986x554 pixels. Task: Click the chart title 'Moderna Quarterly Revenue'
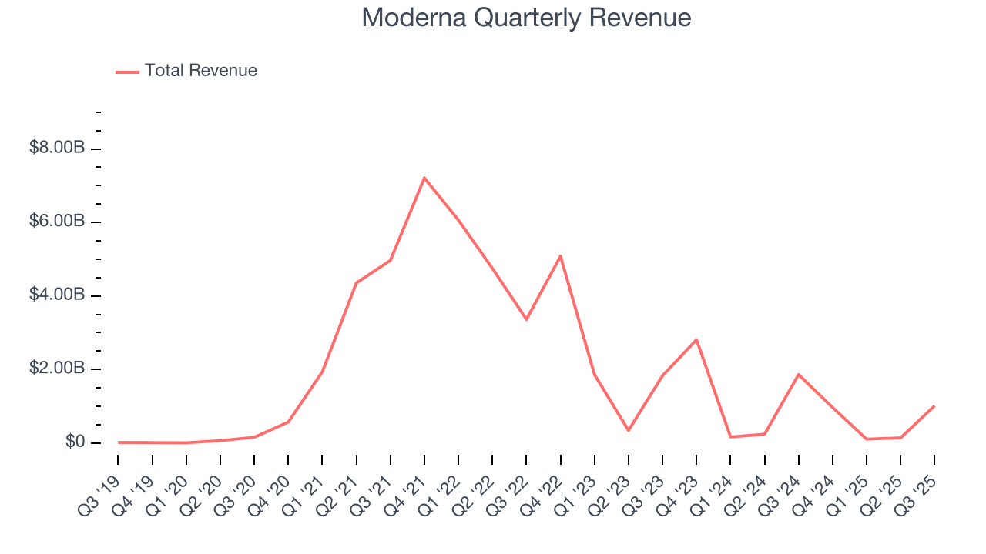tap(526, 18)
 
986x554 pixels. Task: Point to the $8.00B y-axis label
tap(57, 148)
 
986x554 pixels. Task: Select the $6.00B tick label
tap(57, 222)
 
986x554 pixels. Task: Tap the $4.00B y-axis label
tap(57, 295)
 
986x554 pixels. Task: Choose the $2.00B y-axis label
tap(57, 369)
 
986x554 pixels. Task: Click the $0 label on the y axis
tap(75, 442)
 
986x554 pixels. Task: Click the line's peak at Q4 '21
tap(424, 178)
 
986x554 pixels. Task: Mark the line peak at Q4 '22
tap(560, 255)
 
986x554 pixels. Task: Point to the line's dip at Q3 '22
tap(526, 319)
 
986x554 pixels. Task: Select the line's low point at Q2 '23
tap(629, 430)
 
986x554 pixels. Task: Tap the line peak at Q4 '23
tap(696, 339)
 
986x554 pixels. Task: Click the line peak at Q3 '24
tap(799, 375)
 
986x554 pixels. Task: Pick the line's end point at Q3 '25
tap(934, 406)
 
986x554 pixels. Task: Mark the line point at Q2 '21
tap(356, 283)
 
